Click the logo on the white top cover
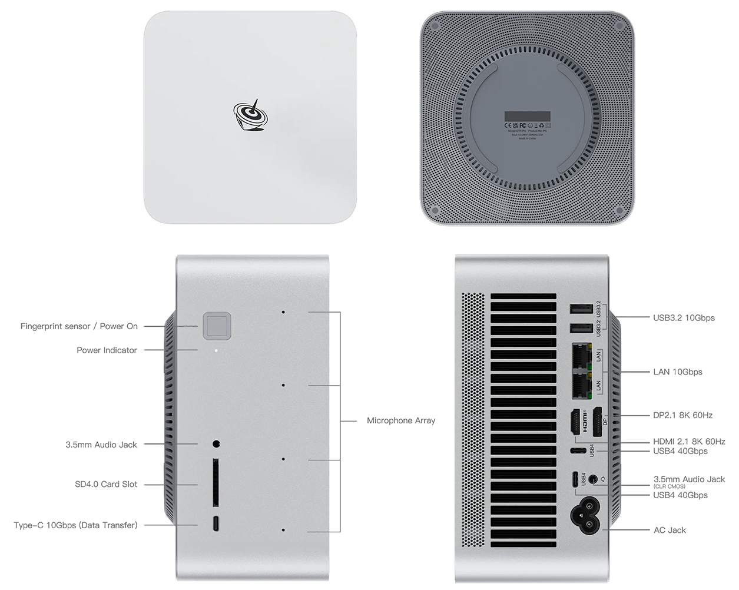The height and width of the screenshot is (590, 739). (x=251, y=116)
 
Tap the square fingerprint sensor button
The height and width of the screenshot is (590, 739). (x=217, y=326)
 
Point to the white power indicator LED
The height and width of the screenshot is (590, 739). (x=216, y=350)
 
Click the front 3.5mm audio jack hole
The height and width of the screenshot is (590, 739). (x=216, y=443)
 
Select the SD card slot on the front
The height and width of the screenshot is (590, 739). (x=216, y=482)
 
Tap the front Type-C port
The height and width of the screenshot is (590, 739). (x=216, y=524)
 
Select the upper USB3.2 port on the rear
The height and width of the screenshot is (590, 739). (x=581, y=310)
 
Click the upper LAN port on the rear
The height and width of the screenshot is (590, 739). (x=581, y=356)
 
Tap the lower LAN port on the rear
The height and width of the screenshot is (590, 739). (x=581, y=385)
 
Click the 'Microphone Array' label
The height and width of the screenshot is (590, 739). (x=401, y=420)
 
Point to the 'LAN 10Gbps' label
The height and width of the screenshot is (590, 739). (x=677, y=372)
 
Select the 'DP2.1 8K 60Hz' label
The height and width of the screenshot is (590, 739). (x=682, y=415)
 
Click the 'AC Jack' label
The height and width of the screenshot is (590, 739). (x=670, y=530)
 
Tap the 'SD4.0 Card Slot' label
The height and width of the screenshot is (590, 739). (x=106, y=484)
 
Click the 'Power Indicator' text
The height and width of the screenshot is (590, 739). (x=107, y=350)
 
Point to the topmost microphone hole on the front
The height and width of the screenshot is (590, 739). (x=283, y=311)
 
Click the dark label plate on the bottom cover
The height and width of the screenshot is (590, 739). (x=527, y=117)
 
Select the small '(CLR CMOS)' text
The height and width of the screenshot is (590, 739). (x=669, y=486)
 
